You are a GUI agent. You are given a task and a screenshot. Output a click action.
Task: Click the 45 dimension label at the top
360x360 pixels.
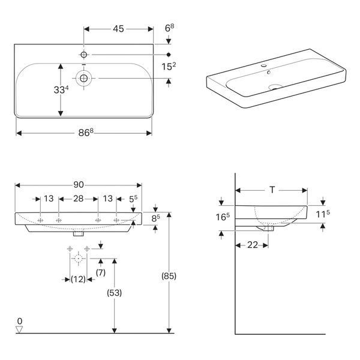tap(118, 29)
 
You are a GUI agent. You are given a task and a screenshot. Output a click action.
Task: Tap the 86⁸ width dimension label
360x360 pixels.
tap(86, 133)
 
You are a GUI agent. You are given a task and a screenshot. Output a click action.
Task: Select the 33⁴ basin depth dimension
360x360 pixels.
tap(61, 89)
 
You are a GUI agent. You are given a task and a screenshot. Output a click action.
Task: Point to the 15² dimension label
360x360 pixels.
tap(169, 67)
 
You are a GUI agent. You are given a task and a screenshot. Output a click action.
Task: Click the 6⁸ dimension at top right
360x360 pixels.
tap(169, 28)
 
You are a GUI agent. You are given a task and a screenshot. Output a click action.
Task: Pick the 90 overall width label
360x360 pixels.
tap(79, 185)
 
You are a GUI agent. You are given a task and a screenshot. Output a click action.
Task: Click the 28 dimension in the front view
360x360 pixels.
tap(78, 199)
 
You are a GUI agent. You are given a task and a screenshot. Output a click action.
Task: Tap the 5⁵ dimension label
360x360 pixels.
tap(133, 199)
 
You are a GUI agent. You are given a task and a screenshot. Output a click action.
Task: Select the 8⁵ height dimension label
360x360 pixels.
tap(155, 218)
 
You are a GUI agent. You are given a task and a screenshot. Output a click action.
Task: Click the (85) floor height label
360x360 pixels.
tap(169, 276)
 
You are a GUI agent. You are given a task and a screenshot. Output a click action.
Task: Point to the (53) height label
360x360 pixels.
tap(115, 293)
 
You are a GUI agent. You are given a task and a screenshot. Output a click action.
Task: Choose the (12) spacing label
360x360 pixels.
tap(78, 280)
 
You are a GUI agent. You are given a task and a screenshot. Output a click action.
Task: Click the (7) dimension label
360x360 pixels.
tap(101, 272)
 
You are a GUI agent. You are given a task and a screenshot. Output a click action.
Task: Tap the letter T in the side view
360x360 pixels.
tap(272, 190)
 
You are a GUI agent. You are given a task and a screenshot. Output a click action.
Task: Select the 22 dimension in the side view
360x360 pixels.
tap(253, 245)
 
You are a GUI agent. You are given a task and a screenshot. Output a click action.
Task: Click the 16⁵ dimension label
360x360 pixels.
tap(223, 217)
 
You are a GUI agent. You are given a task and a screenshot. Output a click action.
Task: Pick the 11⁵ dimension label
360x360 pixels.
tap(323, 214)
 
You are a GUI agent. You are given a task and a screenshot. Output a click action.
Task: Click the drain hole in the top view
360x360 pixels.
tap(83, 79)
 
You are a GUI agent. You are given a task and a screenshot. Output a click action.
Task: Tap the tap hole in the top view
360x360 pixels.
tap(84, 55)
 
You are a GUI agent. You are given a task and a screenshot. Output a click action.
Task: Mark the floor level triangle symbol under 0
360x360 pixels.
tap(19, 329)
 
